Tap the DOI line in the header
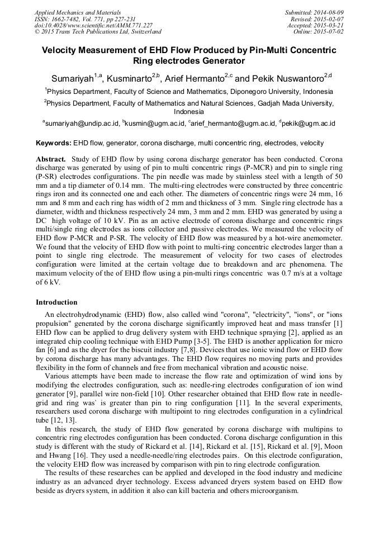pyautogui.click(x=93, y=25)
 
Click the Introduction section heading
pyautogui.click(x=56, y=302)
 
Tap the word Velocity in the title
pyautogui.click(x=63, y=50)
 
